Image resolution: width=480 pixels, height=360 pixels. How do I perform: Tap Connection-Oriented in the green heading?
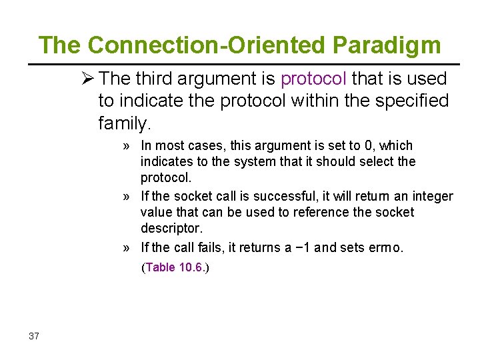tap(207, 45)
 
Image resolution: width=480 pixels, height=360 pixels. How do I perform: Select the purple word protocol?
tap(313, 79)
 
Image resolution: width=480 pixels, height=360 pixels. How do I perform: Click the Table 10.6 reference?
tap(175, 267)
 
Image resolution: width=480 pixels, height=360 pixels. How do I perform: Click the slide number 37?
tap(34, 336)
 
